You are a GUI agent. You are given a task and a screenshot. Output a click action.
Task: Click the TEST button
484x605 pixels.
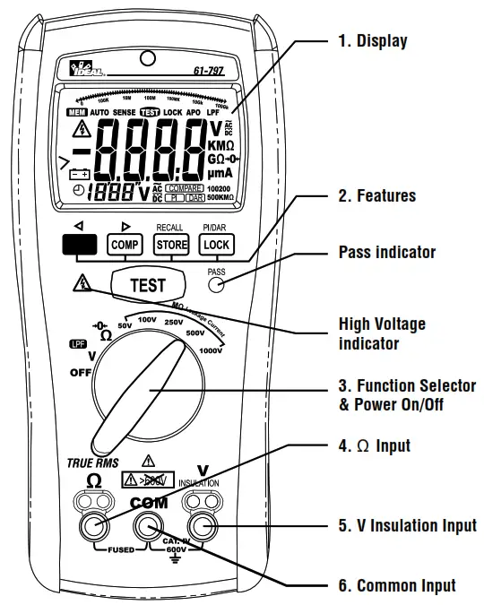148,285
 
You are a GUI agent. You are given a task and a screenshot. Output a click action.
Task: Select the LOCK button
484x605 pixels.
216,244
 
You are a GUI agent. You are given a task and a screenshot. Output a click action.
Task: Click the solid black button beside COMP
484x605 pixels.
79,244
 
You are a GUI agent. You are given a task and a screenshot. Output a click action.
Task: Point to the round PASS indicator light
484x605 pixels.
216,286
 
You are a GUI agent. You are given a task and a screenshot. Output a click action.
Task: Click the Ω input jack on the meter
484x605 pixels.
94,525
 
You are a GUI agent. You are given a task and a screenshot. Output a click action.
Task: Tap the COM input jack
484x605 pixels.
148,525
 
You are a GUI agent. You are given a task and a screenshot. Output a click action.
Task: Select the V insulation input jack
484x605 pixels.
203,525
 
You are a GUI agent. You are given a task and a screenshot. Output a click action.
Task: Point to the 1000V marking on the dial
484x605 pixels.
213,352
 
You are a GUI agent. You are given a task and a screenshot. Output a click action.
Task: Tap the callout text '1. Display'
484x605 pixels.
373,40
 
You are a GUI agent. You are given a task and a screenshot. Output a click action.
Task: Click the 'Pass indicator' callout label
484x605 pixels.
387,252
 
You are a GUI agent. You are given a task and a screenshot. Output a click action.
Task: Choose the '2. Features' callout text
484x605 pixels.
377,195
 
